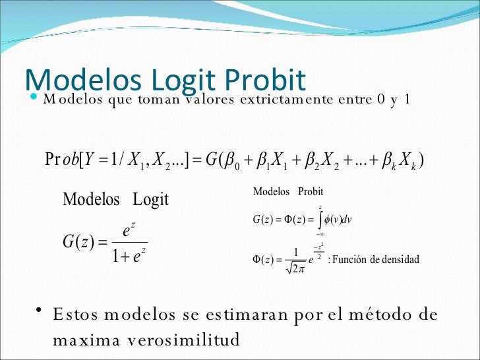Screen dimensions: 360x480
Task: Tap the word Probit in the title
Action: pos(265,78)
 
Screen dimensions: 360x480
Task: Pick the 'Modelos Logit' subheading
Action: pos(115,199)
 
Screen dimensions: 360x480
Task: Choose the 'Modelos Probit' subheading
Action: pos(288,191)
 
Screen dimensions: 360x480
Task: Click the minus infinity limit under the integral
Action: pos(320,233)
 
